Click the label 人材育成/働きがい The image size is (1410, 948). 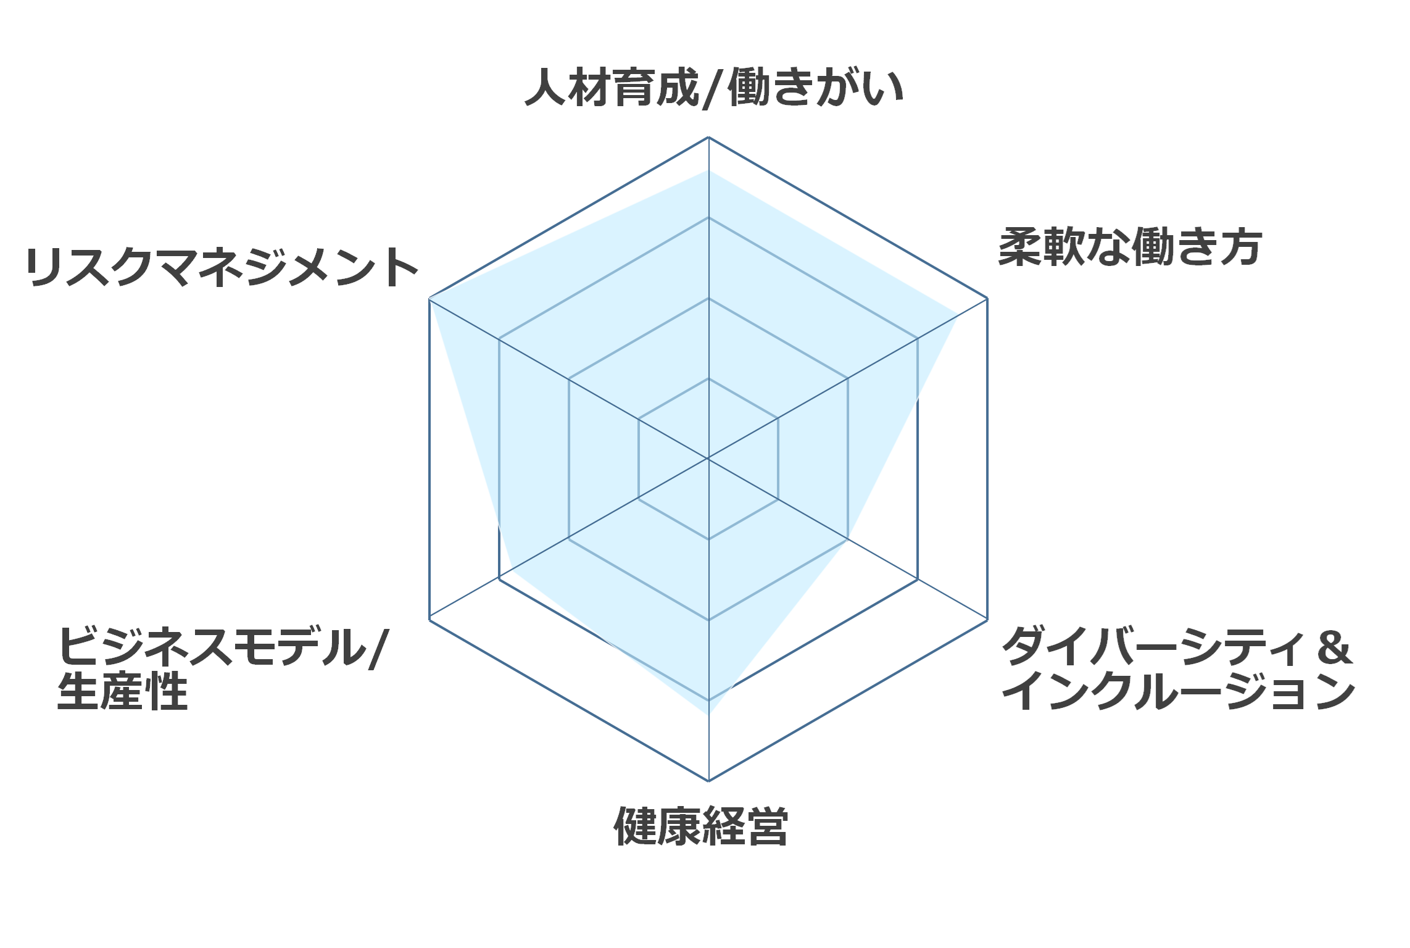[714, 88]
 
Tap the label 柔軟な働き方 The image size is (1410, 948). [1130, 247]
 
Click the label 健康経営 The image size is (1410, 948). [701, 826]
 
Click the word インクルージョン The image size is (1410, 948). [1178, 691]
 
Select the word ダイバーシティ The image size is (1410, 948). [1153, 646]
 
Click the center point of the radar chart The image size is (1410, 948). [708, 459]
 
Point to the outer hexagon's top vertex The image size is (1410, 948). [708, 137]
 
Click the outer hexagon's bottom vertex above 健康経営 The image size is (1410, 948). [708, 781]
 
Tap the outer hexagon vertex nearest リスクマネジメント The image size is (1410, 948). [429, 299]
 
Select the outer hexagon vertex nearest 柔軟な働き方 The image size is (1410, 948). [987, 299]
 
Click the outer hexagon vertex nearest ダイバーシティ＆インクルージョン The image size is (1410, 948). [987, 620]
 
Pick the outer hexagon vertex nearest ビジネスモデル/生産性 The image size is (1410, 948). [429, 620]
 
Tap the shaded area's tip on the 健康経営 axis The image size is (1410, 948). [708, 715]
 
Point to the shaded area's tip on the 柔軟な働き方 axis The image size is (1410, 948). [956, 316]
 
